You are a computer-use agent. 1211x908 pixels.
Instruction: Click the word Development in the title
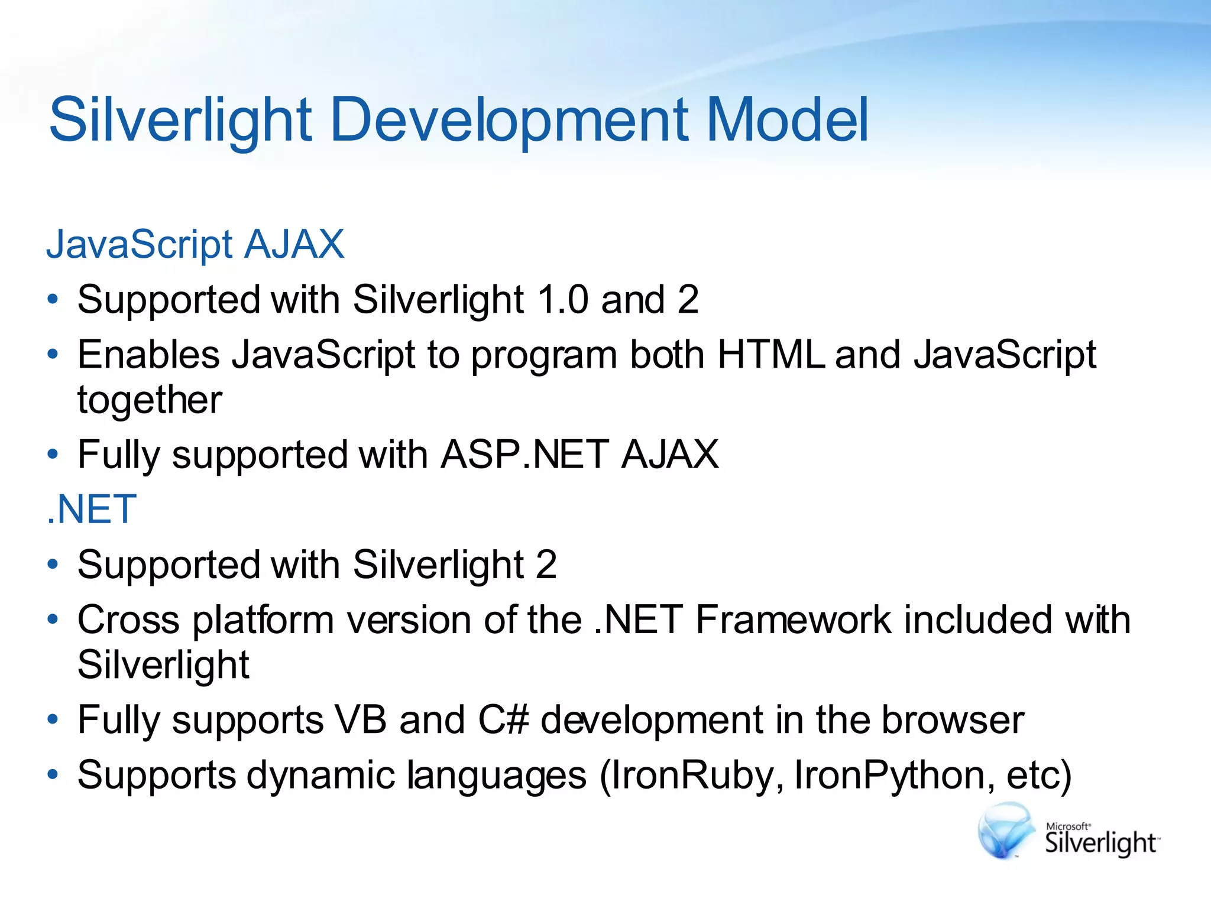coord(509,121)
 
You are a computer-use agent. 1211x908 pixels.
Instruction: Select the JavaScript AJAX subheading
coord(195,244)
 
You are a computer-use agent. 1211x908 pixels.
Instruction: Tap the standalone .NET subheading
coord(92,510)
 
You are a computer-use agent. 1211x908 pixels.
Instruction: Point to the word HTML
coord(770,355)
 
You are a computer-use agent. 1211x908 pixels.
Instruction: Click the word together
coord(150,400)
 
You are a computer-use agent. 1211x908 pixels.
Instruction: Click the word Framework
coord(792,620)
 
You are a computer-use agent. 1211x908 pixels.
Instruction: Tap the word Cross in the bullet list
coord(128,620)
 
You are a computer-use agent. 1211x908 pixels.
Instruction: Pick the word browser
coord(952,720)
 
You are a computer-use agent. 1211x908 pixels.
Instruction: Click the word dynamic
coord(320,775)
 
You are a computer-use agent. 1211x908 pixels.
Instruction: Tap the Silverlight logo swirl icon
coord(1005,830)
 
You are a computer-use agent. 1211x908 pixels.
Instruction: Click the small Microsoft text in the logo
coord(1068,826)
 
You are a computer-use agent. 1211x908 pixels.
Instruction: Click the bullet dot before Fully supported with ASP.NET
coord(53,455)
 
